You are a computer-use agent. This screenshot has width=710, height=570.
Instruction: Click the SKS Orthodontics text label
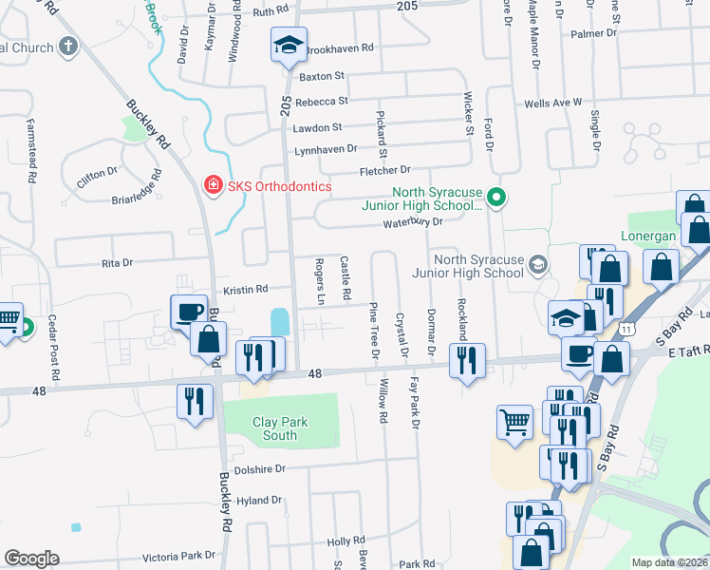pos(279,186)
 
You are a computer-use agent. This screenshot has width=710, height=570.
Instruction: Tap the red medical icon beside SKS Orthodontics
pos(214,186)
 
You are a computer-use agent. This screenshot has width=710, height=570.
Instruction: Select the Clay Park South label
pos(260,428)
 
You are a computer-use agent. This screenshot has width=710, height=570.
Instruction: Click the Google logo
pos(31,559)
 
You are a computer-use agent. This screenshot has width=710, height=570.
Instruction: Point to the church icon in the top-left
pos(67,46)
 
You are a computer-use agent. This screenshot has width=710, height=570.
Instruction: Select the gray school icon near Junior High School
pos(539,264)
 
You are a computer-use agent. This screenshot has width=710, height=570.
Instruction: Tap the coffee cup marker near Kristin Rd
pos(188,311)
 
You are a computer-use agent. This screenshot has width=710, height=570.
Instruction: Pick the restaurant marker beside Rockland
pos(467,360)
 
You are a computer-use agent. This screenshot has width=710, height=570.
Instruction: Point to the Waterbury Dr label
pos(413,222)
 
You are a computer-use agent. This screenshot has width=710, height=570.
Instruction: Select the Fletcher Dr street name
pos(383,171)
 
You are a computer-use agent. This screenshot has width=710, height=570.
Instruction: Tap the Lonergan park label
pos(647,235)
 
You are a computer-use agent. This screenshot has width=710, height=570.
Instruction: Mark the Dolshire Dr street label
pos(259,468)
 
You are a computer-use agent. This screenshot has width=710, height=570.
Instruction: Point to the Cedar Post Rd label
pos(54,347)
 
